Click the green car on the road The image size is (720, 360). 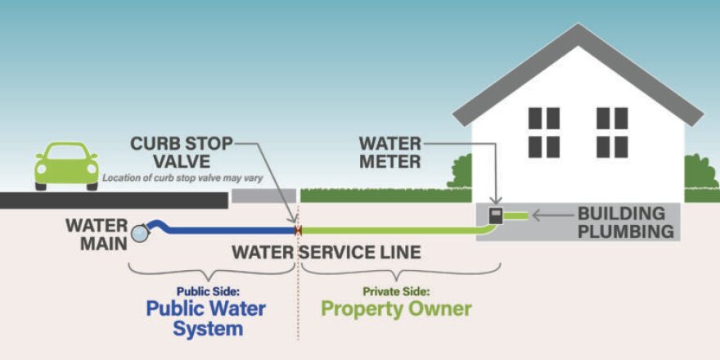(66, 165)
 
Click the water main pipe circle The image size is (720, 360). (141, 232)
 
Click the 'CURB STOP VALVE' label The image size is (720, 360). (182, 153)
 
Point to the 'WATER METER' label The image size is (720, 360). (389, 153)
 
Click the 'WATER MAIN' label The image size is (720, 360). (97, 232)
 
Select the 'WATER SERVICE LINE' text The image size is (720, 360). (326, 252)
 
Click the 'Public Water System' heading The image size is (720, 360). (205, 319)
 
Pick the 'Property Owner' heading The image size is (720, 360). (396, 309)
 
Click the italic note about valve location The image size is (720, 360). (182, 177)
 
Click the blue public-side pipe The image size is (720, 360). (229, 232)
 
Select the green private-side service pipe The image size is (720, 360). (393, 232)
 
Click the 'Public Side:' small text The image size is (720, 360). (205, 290)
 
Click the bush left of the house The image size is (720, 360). (460, 173)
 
